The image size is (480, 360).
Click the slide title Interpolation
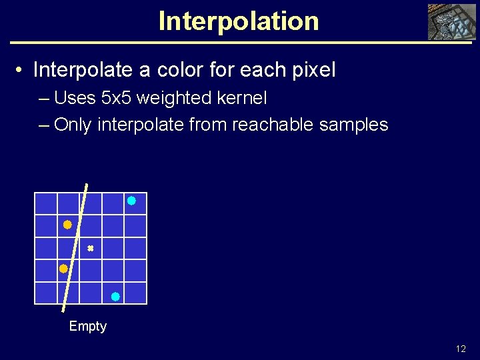(239, 21)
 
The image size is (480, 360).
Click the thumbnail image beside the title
(452, 22)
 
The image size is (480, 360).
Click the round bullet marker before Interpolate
(21, 71)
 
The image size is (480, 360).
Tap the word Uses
(75, 99)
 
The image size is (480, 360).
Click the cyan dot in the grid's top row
(131, 201)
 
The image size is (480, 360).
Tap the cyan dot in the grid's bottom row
(115, 297)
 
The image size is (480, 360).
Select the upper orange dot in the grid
(67, 225)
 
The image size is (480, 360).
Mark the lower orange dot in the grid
(63, 269)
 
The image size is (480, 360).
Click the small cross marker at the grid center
(90, 248)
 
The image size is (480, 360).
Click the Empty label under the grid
(88, 326)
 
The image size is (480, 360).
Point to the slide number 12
(461, 349)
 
